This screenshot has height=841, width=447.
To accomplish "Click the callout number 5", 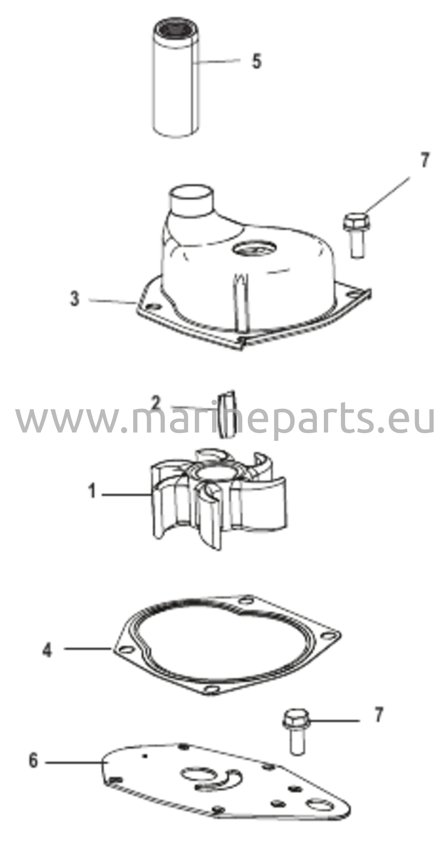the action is [256, 61].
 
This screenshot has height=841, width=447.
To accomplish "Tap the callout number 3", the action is [74, 299].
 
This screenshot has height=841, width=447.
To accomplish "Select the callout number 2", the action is [155, 404].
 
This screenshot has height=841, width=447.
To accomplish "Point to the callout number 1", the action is [92, 491].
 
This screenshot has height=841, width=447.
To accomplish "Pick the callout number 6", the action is [33, 761].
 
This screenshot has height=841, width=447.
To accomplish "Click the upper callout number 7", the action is [424, 160].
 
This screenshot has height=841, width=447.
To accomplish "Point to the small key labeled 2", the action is [226, 414].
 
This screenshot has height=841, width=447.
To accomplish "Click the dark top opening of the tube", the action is [174, 29].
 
